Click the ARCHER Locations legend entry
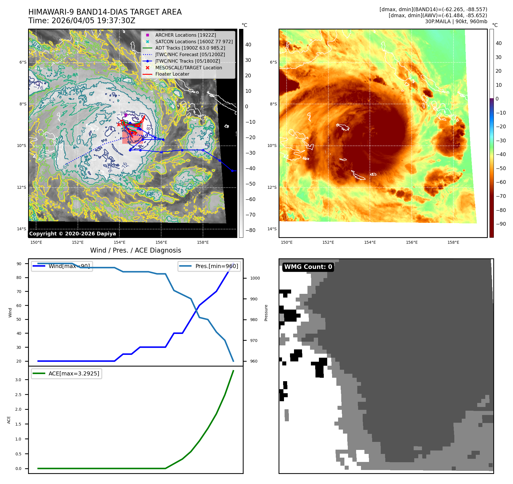(x=186, y=35)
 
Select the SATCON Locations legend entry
(x=194, y=42)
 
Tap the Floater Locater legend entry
(x=172, y=74)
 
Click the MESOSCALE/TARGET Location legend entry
(x=188, y=68)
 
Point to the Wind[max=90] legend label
(x=69, y=266)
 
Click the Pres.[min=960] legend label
(x=216, y=266)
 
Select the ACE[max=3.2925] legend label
(x=74, y=373)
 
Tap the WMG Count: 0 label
(x=308, y=267)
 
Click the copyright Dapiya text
(x=72, y=234)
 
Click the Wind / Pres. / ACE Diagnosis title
(x=135, y=250)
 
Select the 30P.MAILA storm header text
(x=456, y=21)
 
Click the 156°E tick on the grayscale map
(x=161, y=242)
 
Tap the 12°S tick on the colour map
(x=272, y=187)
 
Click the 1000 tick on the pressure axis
(x=255, y=278)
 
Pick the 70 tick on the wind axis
(x=19, y=292)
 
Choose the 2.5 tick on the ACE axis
(x=18, y=395)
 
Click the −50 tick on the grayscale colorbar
(x=250, y=184)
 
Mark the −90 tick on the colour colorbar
(x=501, y=224)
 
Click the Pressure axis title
(x=266, y=313)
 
